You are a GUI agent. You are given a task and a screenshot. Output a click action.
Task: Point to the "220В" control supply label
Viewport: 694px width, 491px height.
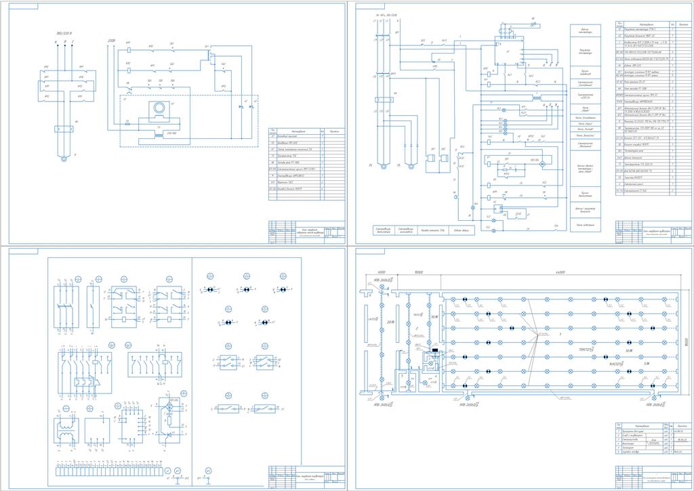(x=112, y=41)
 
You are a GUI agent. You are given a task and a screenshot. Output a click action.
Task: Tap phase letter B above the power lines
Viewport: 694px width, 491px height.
(x=64, y=42)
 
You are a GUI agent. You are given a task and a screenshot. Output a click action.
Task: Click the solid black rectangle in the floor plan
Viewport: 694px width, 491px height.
(x=434, y=351)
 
